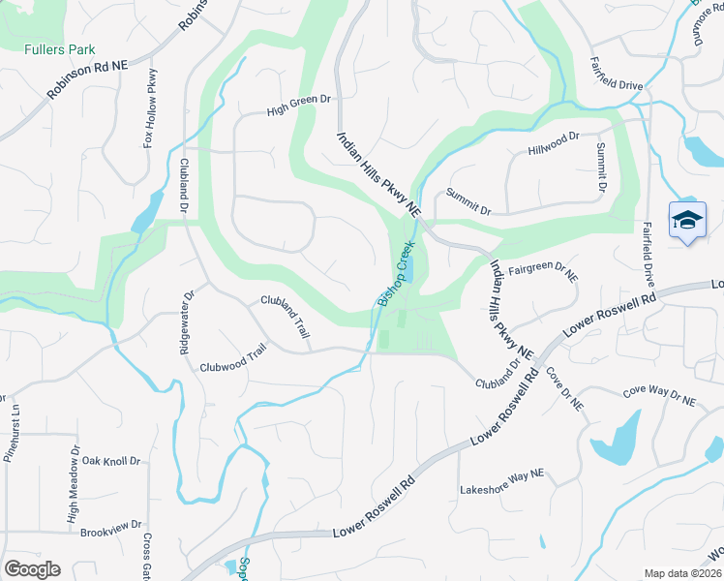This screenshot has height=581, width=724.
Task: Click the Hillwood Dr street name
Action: [554, 145]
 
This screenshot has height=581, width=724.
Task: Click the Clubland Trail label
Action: [286, 316]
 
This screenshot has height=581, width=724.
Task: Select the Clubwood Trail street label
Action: [232, 361]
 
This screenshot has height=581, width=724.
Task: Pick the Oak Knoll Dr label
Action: [111, 461]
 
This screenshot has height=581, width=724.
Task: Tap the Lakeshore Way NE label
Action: [501, 474]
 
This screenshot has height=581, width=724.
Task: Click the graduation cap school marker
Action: [687, 220]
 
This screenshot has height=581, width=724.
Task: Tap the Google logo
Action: [32, 568]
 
